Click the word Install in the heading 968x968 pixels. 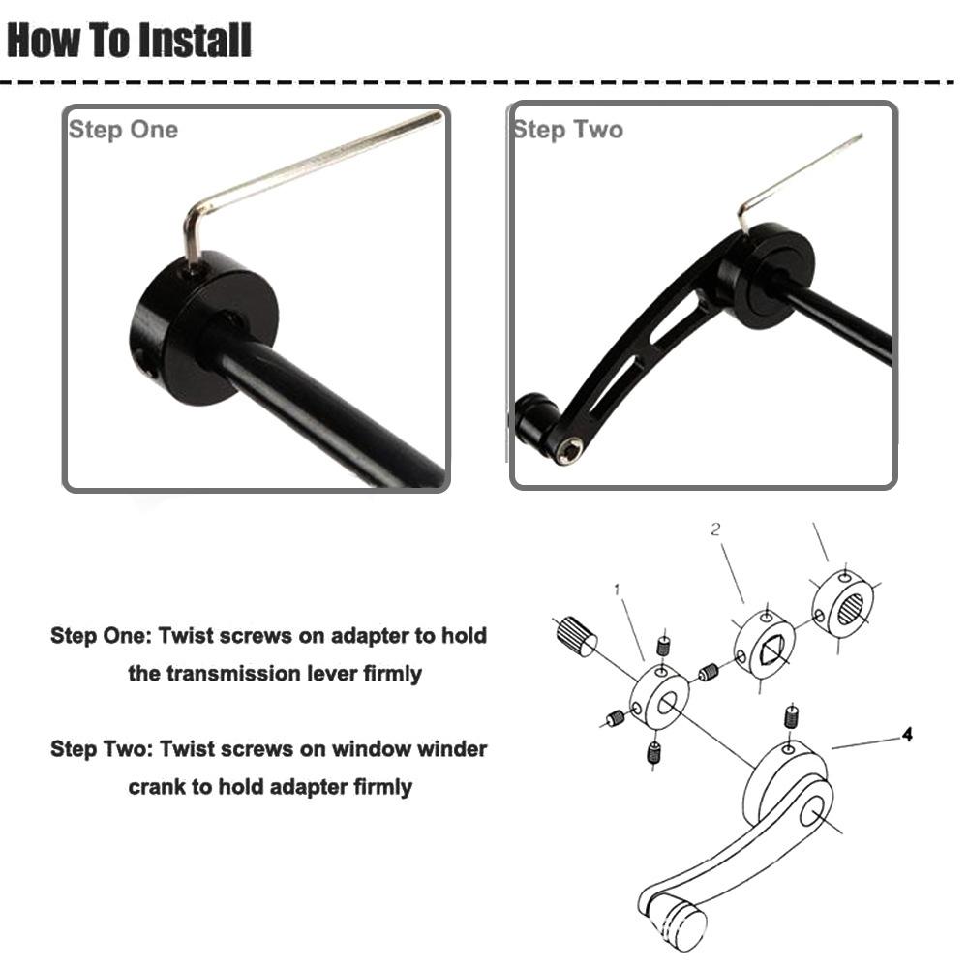[x=195, y=40]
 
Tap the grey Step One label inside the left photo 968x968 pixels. [x=124, y=130]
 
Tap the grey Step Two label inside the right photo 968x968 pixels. [x=568, y=130]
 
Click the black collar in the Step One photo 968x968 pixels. [x=203, y=327]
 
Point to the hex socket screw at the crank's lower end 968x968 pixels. [x=568, y=451]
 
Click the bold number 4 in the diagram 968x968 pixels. [x=907, y=734]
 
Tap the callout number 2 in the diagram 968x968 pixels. [x=715, y=529]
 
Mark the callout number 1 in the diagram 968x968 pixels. [x=617, y=590]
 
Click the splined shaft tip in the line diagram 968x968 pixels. [x=576, y=636]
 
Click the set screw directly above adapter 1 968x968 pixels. [x=664, y=646]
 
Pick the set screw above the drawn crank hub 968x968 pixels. [x=791, y=716]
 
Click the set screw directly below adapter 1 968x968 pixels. [x=653, y=752]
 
